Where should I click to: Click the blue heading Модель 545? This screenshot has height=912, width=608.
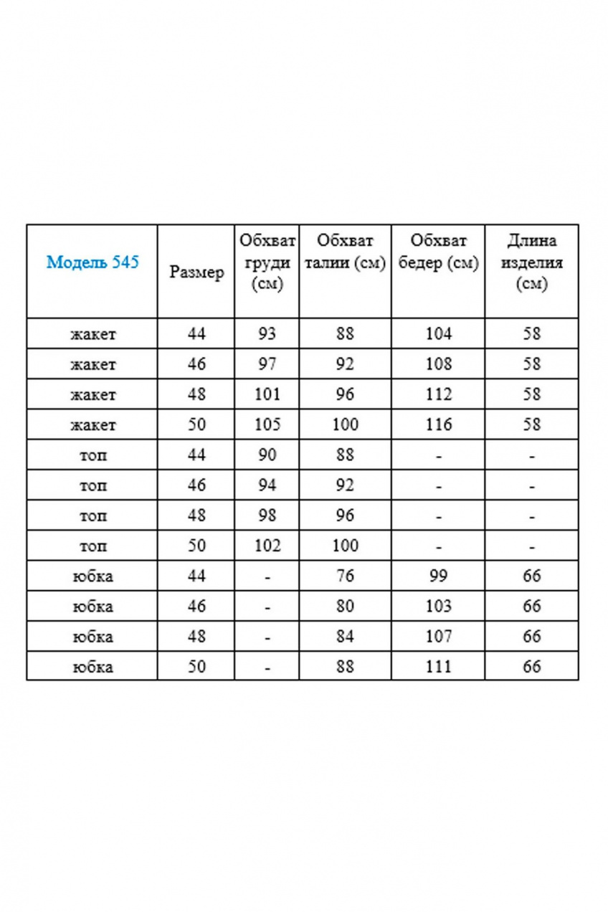[92, 262]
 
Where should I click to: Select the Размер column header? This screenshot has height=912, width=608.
[196, 272]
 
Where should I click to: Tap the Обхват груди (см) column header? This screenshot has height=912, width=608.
[267, 262]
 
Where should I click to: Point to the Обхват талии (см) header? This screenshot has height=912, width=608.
[345, 252]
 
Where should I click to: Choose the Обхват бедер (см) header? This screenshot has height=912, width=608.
[438, 252]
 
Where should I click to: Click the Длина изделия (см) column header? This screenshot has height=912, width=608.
[531, 262]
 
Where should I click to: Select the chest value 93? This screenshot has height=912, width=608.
[267, 333]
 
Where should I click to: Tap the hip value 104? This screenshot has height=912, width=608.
[438, 333]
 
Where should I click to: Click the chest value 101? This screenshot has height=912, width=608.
[267, 394]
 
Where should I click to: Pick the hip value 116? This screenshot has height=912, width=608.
[438, 424]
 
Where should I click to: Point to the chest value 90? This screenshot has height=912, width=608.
[267, 455]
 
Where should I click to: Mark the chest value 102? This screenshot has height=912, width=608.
[267, 546]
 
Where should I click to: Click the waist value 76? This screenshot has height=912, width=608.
[345, 576]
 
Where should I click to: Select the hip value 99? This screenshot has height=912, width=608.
[438, 576]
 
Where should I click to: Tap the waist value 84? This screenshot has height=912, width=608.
[345, 636]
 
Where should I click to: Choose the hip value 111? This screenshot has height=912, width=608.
[438, 666]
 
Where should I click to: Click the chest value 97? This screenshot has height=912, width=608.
[267, 364]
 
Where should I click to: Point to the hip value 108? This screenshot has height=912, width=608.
[438, 364]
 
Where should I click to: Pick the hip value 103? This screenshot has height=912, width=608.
[438, 606]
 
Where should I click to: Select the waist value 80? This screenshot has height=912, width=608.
[345, 606]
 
